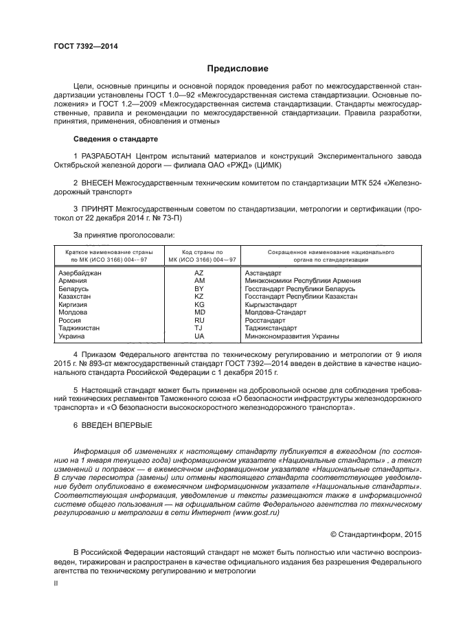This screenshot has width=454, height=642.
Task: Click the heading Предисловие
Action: pos(238,69)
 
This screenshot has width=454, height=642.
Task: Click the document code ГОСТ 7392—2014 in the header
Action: pos(86,46)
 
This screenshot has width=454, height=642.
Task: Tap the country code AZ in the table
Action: pos(200,273)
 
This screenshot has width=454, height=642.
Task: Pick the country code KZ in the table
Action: pos(200,297)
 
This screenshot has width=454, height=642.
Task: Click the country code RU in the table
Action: pos(200,320)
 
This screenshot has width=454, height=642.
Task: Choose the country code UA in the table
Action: pos(200,336)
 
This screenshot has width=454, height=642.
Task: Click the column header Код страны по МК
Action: pos(200,255)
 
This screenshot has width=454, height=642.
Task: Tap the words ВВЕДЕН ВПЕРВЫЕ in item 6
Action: pos(113,426)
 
